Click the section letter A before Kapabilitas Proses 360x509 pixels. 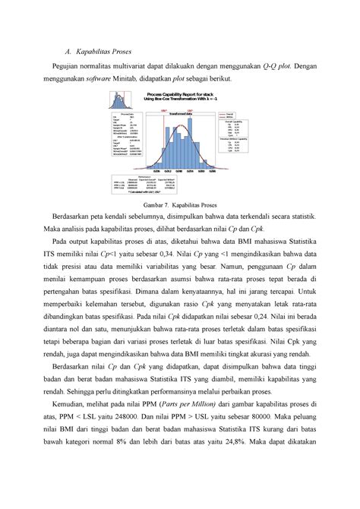tap(68, 52)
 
